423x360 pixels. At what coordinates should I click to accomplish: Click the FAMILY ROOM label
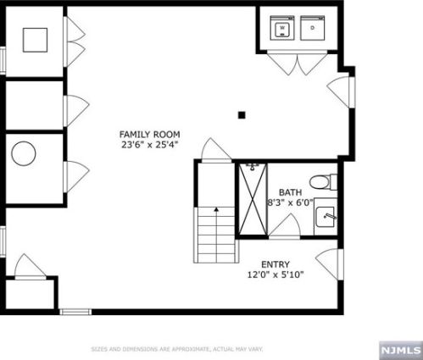click(x=149, y=134)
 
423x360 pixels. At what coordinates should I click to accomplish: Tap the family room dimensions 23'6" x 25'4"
click(x=150, y=145)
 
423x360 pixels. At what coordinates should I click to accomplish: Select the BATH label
click(x=290, y=192)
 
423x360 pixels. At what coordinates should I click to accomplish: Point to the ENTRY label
click(x=276, y=264)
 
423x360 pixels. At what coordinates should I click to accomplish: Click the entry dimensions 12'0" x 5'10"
click(x=276, y=274)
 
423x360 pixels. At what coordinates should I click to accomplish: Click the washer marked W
click(x=282, y=28)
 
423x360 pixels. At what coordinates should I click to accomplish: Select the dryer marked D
click(x=312, y=28)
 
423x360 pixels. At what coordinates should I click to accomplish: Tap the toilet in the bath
click(x=323, y=182)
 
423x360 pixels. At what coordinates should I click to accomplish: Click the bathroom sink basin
click(x=326, y=217)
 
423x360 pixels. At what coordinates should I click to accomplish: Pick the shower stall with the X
click(x=253, y=199)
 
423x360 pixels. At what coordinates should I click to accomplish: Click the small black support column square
click(x=242, y=115)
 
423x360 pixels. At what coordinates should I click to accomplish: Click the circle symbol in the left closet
click(x=24, y=153)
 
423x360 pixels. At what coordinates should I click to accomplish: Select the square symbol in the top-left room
click(x=35, y=40)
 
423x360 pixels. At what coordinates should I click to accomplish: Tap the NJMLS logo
click(x=401, y=351)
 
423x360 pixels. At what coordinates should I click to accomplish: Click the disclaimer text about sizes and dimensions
click(x=177, y=349)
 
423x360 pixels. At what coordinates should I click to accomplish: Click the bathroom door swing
click(x=284, y=225)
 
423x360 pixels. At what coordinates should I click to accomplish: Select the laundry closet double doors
click(x=298, y=64)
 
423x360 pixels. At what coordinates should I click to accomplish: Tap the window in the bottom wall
click(x=75, y=312)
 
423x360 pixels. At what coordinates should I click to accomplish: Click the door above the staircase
click(x=216, y=150)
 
